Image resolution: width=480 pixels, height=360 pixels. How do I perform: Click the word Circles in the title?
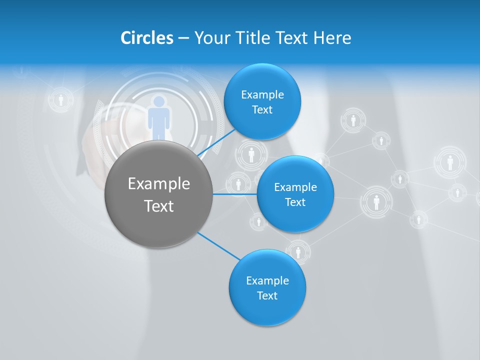(147, 37)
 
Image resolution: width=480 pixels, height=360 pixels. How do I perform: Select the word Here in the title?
(332, 37)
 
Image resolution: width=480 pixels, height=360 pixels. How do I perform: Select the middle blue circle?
(295, 194)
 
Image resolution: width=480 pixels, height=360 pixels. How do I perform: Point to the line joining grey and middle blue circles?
(235, 194)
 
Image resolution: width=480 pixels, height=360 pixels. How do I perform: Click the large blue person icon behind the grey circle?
(159, 117)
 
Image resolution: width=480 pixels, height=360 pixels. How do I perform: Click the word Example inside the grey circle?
(159, 184)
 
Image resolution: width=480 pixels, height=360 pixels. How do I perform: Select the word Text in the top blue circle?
(262, 110)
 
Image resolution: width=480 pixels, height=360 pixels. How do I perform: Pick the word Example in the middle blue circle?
(295, 187)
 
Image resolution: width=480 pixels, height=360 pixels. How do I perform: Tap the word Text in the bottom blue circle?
(267, 295)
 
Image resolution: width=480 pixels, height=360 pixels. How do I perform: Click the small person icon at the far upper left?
(61, 99)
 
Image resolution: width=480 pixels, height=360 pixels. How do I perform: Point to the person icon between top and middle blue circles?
(251, 154)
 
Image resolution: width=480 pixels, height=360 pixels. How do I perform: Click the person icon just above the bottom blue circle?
(298, 251)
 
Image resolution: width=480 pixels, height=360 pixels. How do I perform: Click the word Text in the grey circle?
(159, 206)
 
